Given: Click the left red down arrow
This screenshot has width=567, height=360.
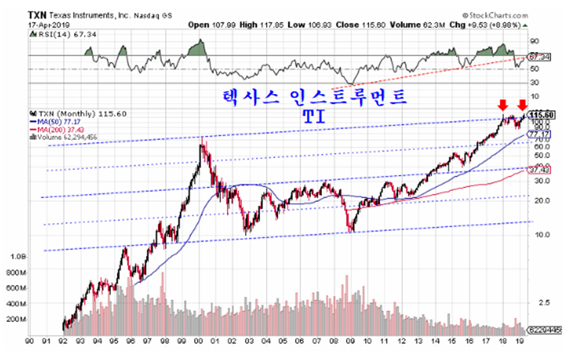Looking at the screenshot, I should (x=503, y=105).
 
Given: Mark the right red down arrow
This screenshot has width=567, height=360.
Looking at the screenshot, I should (x=523, y=105).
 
